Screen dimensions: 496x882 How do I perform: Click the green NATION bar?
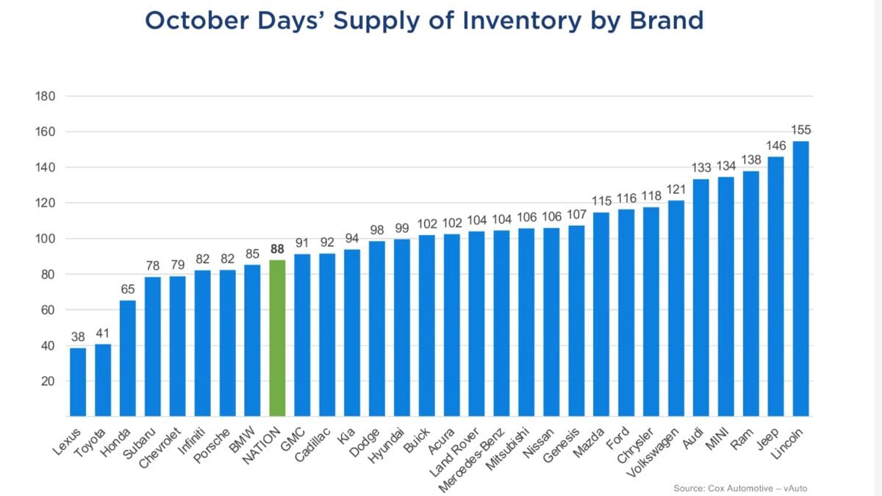click(277, 338)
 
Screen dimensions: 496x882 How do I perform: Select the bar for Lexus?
click(78, 382)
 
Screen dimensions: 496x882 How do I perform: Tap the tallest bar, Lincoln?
click(800, 279)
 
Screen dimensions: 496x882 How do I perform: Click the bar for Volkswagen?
click(676, 309)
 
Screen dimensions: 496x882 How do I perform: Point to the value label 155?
click(801, 130)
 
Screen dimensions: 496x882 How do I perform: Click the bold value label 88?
click(277, 249)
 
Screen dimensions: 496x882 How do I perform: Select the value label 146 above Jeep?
click(776, 146)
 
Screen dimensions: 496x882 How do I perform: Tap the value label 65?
click(128, 290)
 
